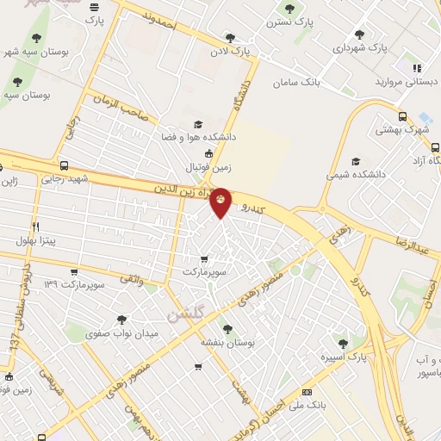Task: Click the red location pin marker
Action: (220, 202)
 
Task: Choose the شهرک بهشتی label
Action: (401, 130)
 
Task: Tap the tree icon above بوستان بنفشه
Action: (227, 328)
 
